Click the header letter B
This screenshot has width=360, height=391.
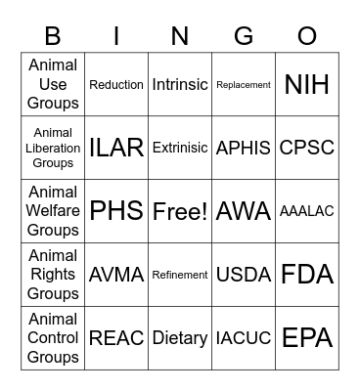coord(53,37)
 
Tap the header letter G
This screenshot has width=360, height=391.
coord(244,37)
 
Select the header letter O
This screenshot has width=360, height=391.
coord(307,37)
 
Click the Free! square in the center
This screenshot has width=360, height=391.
coord(180,211)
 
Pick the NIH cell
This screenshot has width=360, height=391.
coord(307,85)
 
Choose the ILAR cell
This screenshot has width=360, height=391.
coord(116,148)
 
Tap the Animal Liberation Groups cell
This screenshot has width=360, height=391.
coord(53,148)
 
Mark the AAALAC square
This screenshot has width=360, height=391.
coord(307,211)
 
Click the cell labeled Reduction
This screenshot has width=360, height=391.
coord(116,85)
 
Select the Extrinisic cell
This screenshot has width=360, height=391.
coord(180,148)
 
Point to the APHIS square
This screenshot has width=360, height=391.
coord(244,148)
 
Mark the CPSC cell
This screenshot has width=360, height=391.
coord(307,148)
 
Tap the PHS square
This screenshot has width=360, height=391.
coord(116,211)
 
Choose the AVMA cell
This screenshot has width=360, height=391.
coord(116,275)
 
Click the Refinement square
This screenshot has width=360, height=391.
coord(180,275)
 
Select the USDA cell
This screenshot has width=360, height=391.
coord(244,275)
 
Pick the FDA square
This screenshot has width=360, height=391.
coord(307,275)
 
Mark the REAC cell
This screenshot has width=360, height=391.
coord(116,338)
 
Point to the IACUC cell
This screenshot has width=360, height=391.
coord(244,338)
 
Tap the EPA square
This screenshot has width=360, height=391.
coord(307,338)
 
